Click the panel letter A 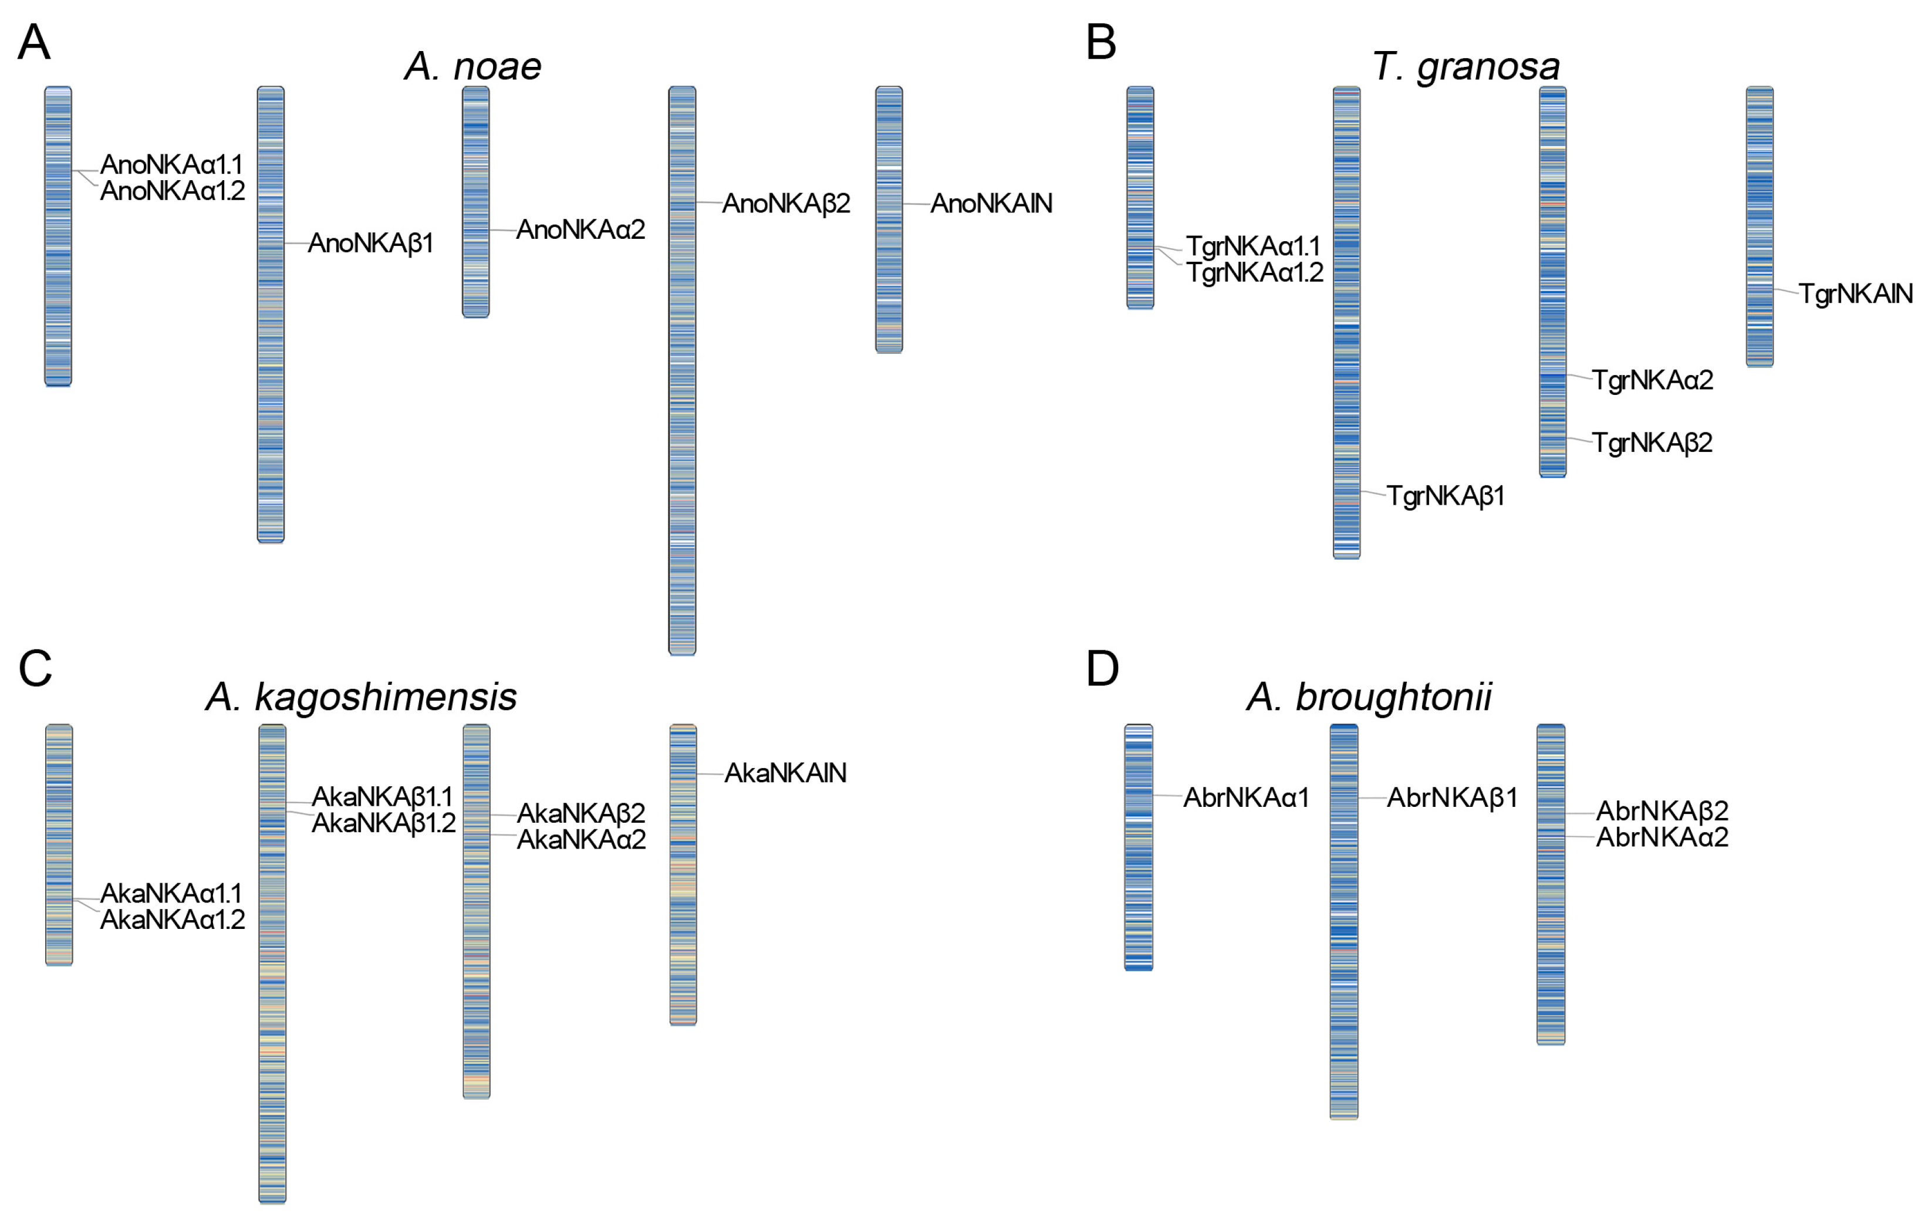pos(33,42)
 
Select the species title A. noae pos(472,66)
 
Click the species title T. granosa pos(1465,66)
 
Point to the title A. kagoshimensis pos(361,697)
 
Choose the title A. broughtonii pos(1369,697)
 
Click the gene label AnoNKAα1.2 pos(172,191)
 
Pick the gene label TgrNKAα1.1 pos(1253,246)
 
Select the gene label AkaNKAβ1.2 pos(383,823)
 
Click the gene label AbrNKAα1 pos(1246,798)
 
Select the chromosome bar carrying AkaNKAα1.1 pos(59,844)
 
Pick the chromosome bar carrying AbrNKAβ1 pos(1343,921)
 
